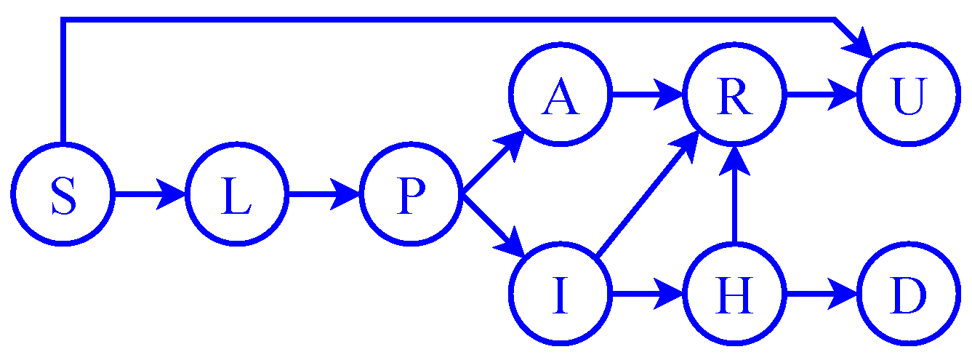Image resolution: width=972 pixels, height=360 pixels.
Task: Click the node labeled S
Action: tap(63, 195)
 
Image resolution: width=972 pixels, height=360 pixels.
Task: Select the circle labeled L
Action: tap(238, 195)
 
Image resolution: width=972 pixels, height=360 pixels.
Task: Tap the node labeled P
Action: tap(412, 195)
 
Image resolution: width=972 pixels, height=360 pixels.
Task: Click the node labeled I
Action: tap(559, 295)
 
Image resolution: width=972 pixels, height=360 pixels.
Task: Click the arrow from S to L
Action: tap(149, 195)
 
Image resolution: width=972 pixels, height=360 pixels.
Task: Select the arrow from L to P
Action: tap(324, 195)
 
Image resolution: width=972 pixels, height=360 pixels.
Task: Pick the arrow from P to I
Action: tap(493, 226)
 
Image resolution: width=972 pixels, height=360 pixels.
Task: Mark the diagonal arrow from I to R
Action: tap(643, 196)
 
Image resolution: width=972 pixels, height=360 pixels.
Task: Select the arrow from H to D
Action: tap(820, 295)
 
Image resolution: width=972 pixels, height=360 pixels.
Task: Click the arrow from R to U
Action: tap(820, 95)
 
